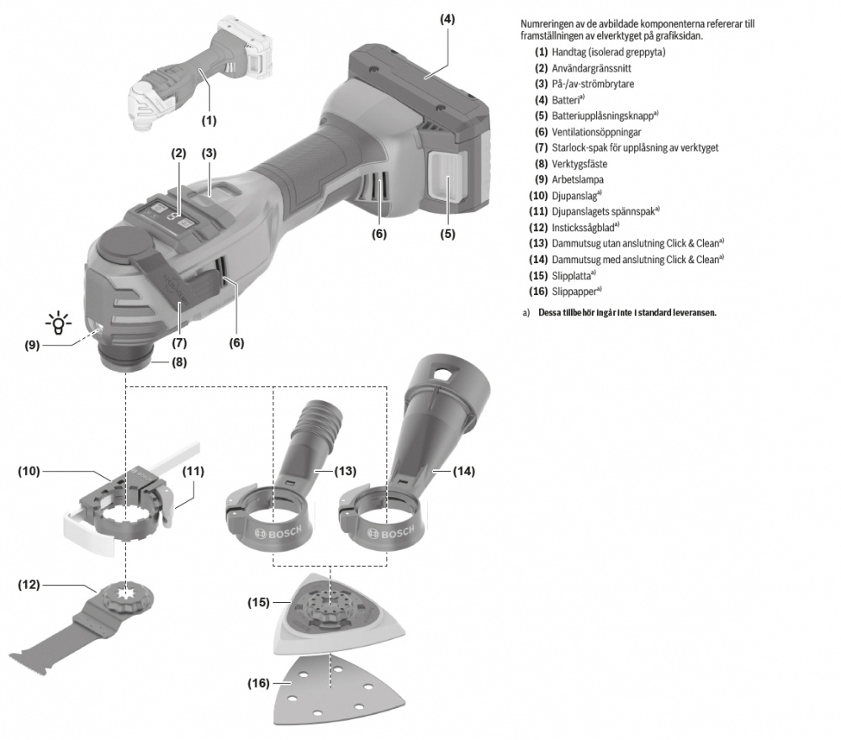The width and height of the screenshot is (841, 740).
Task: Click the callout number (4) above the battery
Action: [447, 18]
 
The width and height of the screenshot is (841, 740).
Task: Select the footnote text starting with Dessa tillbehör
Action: [627, 313]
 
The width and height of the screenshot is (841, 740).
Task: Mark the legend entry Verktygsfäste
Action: [581, 164]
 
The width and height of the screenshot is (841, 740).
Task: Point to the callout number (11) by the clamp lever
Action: [193, 472]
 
